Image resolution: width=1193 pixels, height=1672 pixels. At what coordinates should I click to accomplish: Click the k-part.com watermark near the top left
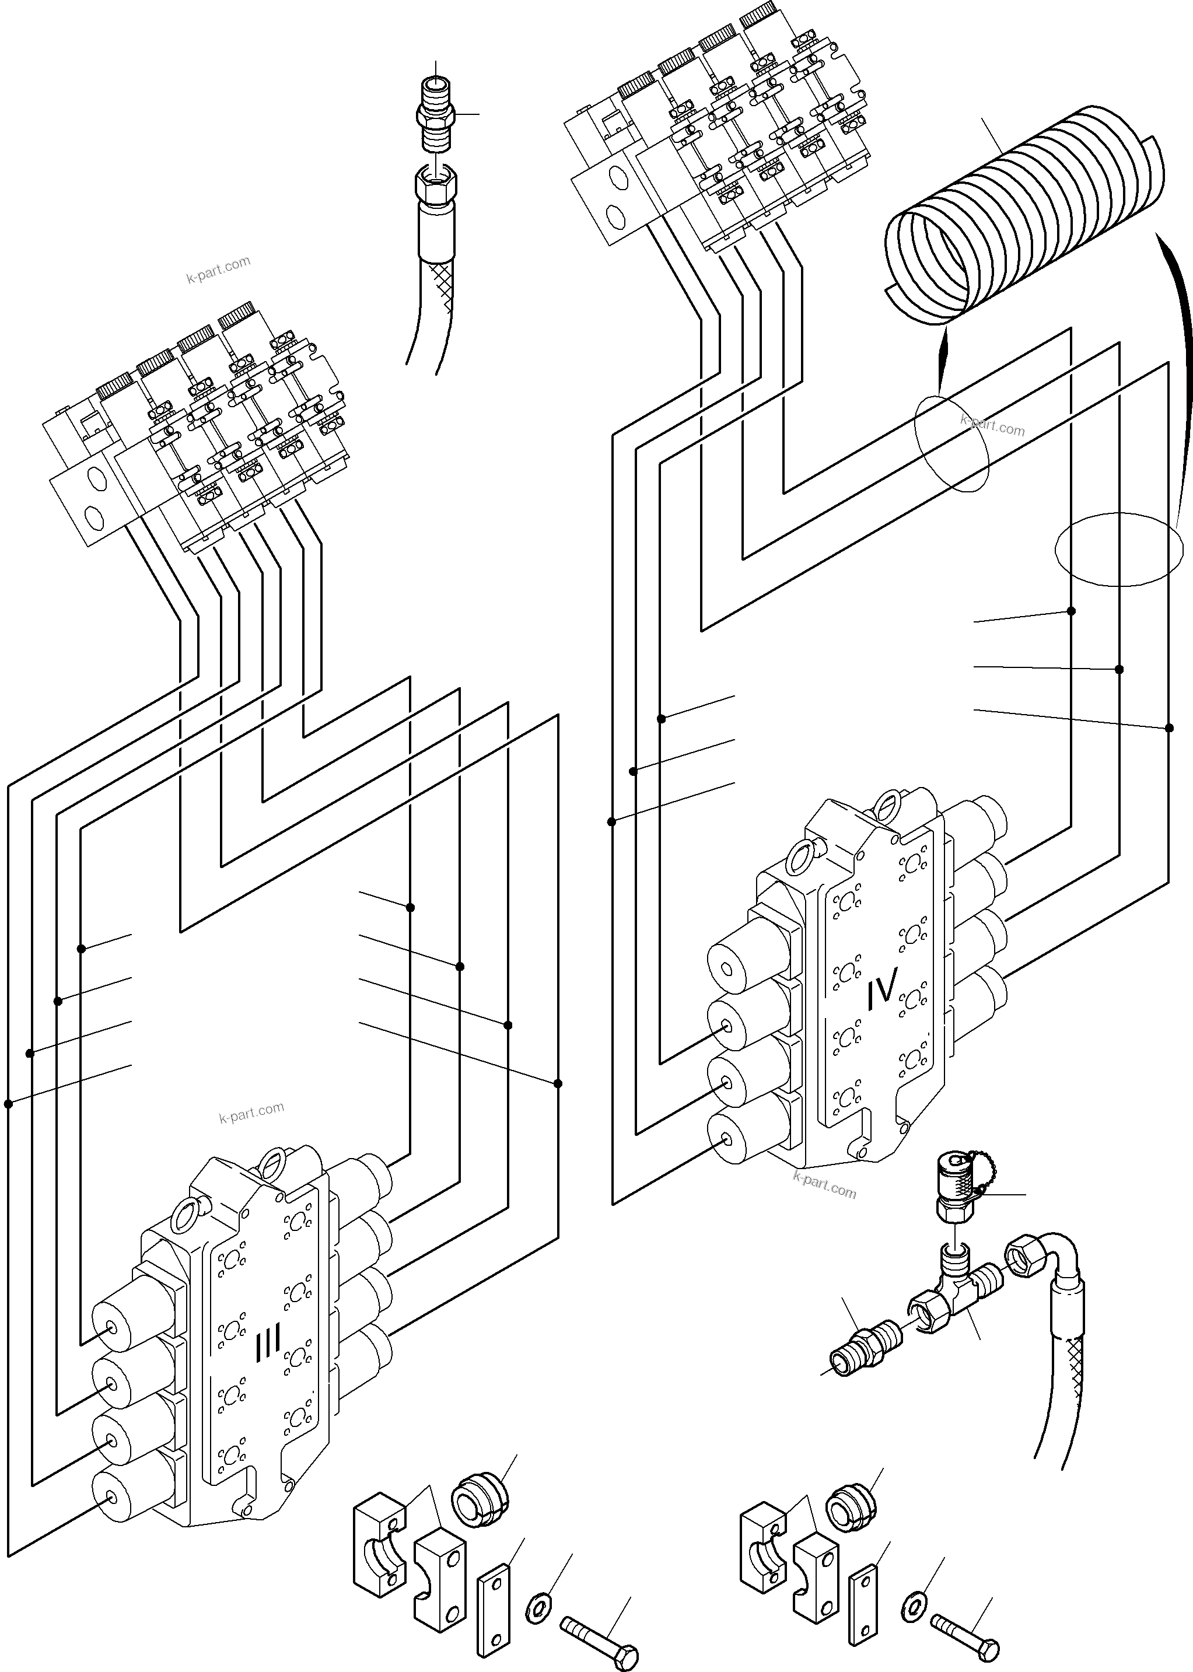tap(218, 270)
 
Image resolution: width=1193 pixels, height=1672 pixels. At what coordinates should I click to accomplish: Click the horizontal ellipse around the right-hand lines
tap(1119, 549)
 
